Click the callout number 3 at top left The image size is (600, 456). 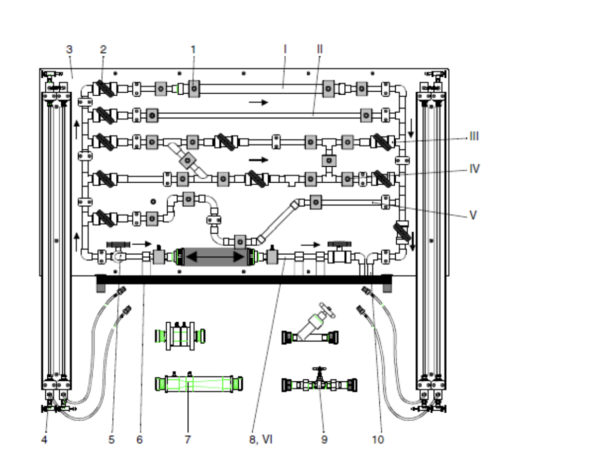coord(69,49)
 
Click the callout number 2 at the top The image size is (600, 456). coord(103,49)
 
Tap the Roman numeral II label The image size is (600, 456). coord(320,49)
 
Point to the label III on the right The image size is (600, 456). coord(474,137)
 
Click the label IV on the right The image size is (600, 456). coord(474,168)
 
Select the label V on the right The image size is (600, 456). coord(473,216)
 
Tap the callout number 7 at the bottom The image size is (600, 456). coord(188,440)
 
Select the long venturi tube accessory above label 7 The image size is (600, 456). coord(199,383)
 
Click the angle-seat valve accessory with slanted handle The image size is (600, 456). coord(313,329)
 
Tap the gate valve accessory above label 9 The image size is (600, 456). coord(320,383)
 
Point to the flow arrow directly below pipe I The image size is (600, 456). coord(258,102)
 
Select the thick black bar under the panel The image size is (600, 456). coord(244,279)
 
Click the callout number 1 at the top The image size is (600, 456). coord(193,49)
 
